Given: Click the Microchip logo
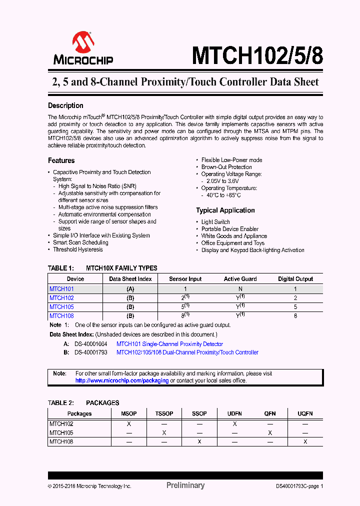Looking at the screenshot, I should click(x=83, y=48).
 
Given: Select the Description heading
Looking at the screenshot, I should click(x=65, y=105).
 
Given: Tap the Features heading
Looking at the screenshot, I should click(x=61, y=160).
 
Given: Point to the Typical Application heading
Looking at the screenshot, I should click(x=225, y=210).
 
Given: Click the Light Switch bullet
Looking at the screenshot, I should click(x=215, y=222).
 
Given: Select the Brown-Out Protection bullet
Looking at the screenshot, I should click(x=226, y=167).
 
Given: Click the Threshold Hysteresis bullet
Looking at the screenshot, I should click(x=78, y=249).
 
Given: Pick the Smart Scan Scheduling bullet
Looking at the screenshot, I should click(x=80, y=242).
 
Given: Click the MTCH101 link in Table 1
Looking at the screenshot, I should click(x=61, y=288).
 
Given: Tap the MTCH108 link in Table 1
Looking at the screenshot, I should click(x=61, y=316).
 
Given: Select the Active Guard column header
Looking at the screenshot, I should click(x=240, y=279).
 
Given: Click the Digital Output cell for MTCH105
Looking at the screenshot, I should click(x=295, y=307).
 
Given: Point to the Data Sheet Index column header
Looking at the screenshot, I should click(x=130, y=279).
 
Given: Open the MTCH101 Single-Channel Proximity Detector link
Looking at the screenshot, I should click(x=169, y=344).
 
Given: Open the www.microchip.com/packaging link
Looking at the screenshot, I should click(x=122, y=380).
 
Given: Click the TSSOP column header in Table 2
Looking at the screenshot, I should click(x=164, y=413).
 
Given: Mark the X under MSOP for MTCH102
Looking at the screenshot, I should click(x=128, y=423).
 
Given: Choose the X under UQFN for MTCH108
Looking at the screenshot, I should click(x=305, y=441).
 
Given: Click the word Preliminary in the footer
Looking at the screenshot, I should click(x=185, y=485).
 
